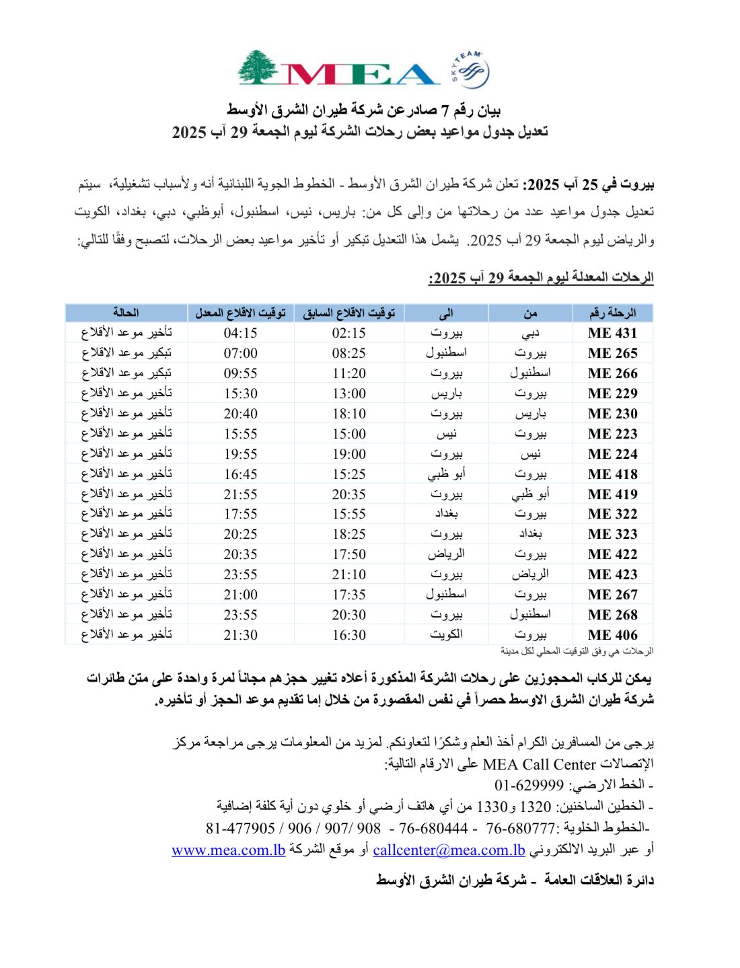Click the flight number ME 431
[x=612, y=333]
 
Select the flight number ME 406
[x=612, y=634]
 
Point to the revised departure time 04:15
[x=240, y=333]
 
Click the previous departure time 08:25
[x=348, y=353]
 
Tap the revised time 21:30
[x=240, y=634]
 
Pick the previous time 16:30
[x=348, y=634]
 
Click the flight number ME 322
[x=612, y=514]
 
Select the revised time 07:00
[x=240, y=353]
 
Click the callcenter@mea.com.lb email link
[x=449, y=850]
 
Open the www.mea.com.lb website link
[x=229, y=850]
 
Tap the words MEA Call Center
[x=540, y=764]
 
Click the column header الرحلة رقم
[x=612, y=313]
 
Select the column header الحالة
[x=126, y=313]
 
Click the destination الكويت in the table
[x=446, y=634]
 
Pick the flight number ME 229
[x=612, y=394]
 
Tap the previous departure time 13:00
[x=348, y=394]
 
